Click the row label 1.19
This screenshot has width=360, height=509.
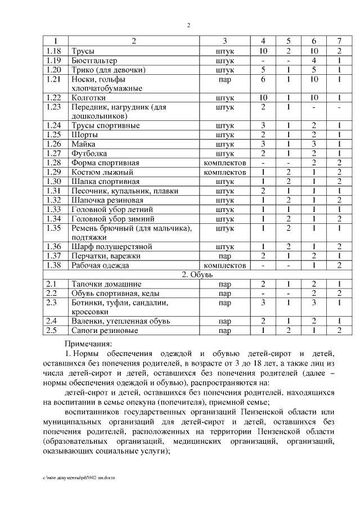click(54, 60)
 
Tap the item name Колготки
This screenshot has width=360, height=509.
click(89, 97)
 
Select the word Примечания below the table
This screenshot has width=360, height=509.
click(88, 343)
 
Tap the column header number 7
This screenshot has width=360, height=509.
click(339, 41)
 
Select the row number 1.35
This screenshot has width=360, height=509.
click(54, 228)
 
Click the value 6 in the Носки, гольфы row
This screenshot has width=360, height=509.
click(263, 79)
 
